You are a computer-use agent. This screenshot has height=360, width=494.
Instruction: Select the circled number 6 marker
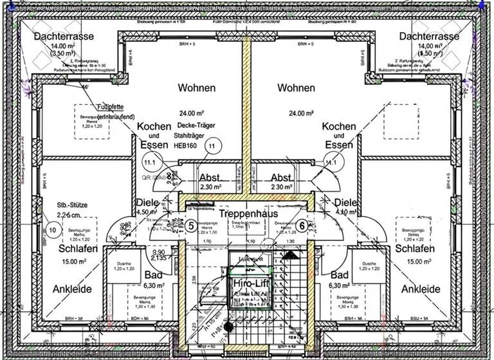(x=302, y=226)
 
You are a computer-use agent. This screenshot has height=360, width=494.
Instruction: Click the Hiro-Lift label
(x=248, y=283)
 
